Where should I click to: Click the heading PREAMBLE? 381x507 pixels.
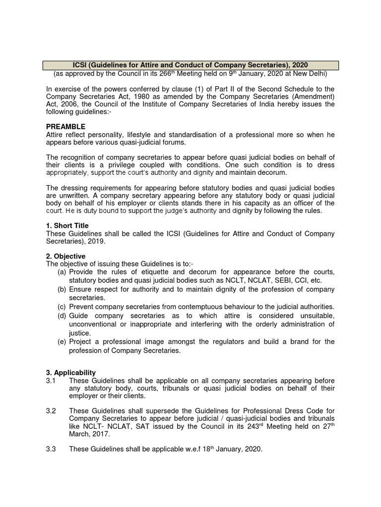coord(65,127)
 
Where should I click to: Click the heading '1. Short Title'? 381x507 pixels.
coord(67,226)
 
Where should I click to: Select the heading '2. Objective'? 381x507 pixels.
coord(65,256)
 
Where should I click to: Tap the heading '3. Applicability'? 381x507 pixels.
coord(71,372)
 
